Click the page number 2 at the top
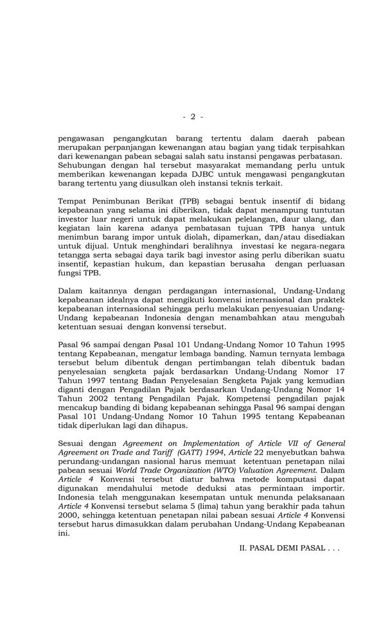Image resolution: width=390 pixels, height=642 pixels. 193,117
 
